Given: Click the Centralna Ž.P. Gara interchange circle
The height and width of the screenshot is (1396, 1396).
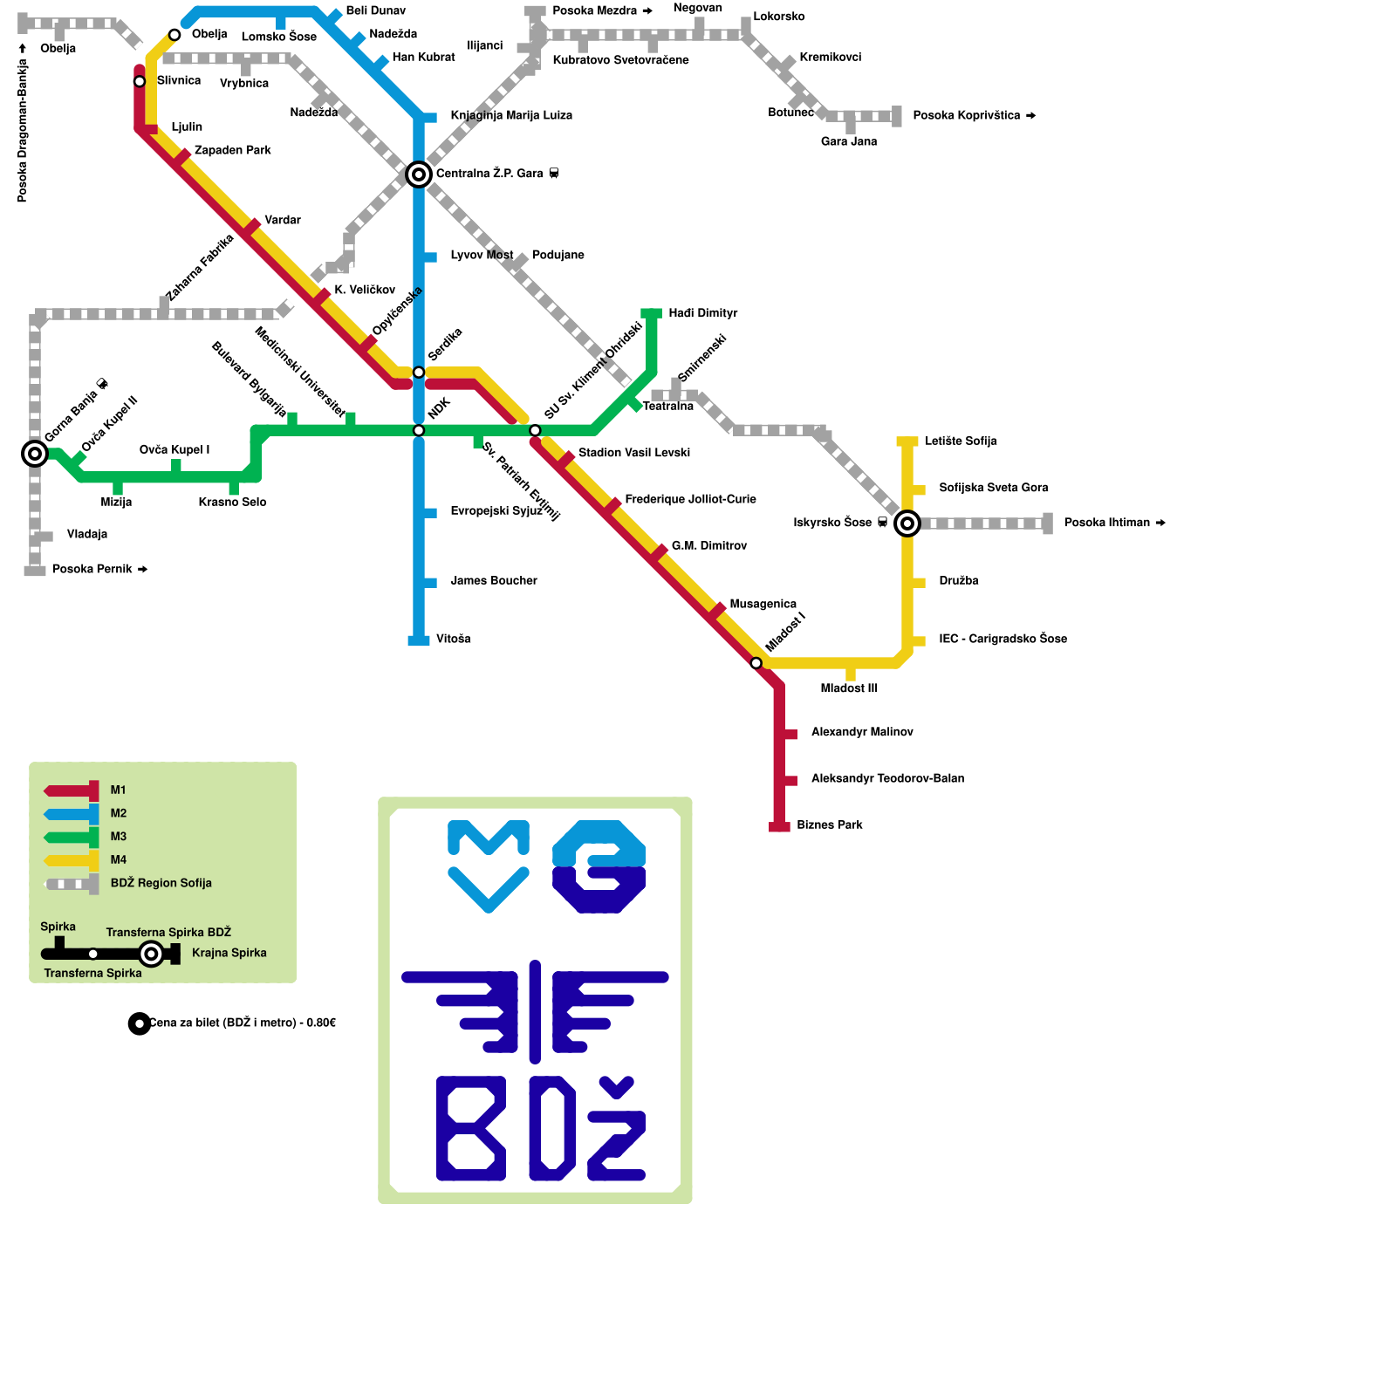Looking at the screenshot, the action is click(x=419, y=174).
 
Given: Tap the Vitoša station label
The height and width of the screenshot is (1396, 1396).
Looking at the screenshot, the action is click(x=453, y=639).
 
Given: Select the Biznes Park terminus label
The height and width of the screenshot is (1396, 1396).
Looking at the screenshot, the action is click(x=829, y=825).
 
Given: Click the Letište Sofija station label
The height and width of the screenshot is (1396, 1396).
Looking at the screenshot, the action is click(x=960, y=441).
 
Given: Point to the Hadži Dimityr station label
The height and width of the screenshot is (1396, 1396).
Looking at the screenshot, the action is click(x=702, y=313).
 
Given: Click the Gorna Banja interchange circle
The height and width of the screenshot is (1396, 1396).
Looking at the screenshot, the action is click(x=35, y=453).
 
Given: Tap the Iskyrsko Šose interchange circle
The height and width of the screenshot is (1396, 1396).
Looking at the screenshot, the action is click(x=907, y=523).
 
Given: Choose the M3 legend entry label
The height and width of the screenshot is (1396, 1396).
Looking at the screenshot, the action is click(x=119, y=837).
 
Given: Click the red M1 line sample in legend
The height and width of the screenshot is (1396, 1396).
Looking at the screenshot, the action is click(x=72, y=790).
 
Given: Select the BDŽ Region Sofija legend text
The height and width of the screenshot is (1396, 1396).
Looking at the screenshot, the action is click(x=161, y=883).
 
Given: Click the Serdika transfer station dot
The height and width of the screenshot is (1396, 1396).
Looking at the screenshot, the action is click(x=419, y=373).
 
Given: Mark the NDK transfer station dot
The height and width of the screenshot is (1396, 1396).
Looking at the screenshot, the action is click(x=419, y=430).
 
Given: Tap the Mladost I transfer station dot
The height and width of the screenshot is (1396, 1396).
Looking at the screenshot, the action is click(x=756, y=663).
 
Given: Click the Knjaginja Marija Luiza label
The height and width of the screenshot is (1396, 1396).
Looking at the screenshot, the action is click(x=510, y=115).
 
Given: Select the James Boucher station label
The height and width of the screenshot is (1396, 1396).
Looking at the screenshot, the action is click(x=493, y=580).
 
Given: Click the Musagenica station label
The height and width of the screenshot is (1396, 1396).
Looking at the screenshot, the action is click(x=763, y=604).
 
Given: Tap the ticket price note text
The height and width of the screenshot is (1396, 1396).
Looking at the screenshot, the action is click(x=242, y=1023).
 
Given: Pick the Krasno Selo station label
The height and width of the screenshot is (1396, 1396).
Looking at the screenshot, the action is click(x=232, y=502).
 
